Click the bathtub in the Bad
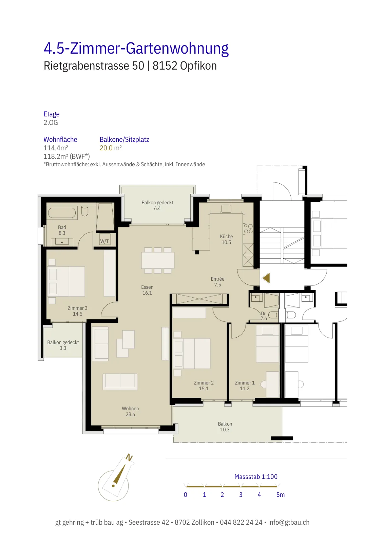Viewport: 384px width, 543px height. pyautogui.click(x=62, y=213)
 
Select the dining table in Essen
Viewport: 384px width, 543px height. pyautogui.click(x=158, y=260)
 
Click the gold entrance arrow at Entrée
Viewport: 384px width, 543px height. pyautogui.click(x=266, y=278)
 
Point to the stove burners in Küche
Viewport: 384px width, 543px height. pyautogui.click(x=248, y=229)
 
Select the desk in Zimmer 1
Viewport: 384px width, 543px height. pyautogui.click(x=272, y=384)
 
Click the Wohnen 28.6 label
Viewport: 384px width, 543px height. pyautogui.click(x=130, y=411)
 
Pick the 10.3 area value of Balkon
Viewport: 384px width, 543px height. pyautogui.click(x=225, y=430)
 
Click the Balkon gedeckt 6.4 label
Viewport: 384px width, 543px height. pyautogui.click(x=157, y=205)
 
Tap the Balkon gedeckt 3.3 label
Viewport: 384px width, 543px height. pyautogui.click(x=63, y=345)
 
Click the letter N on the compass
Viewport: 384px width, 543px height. pyautogui.click(x=129, y=458)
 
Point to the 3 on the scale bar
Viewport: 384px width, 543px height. pyautogui.click(x=241, y=494)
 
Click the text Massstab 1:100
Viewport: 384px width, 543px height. pyautogui.click(x=256, y=476)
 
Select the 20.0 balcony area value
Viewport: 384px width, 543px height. pyautogui.click(x=106, y=148)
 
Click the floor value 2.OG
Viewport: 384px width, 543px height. pyautogui.click(x=51, y=123)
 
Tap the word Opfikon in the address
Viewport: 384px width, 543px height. pyautogui.click(x=198, y=66)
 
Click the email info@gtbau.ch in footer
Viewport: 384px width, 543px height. pyautogui.click(x=289, y=522)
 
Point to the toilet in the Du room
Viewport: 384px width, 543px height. pyautogui.click(x=273, y=315)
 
